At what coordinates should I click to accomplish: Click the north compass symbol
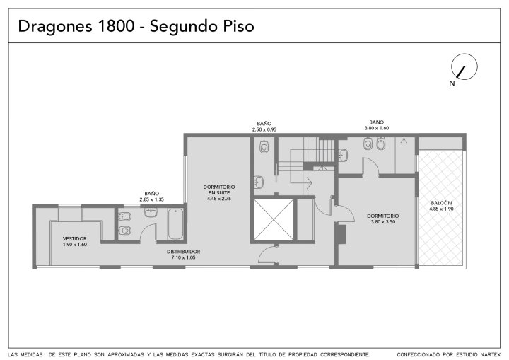pyautogui.click(x=464, y=66)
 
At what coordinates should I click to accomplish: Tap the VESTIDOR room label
pyautogui.click(x=75, y=238)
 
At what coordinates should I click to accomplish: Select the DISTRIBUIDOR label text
pyautogui.click(x=183, y=252)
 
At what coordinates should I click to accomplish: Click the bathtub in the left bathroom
pyautogui.click(x=175, y=223)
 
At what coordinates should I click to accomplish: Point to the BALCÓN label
pyautogui.click(x=441, y=203)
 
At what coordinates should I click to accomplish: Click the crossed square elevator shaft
pyautogui.click(x=274, y=220)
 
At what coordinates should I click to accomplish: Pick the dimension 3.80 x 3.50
pyautogui.click(x=382, y=222)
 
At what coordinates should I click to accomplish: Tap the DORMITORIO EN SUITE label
pyautogui.click(x=219, y=190)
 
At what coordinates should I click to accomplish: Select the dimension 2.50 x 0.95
pyautogui.click(x=264, y=129)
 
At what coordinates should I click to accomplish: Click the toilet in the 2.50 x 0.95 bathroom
pyautogui.click(x=264, y=147)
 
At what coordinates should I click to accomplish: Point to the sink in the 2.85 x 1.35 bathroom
pyautogui.click(x=151, y=212)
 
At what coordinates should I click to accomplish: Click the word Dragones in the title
pyautogui.click(x=55, y=26)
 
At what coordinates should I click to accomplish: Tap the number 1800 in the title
pyautogui.click(x=115, y=26)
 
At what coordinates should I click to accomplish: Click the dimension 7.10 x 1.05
pyautogui.click(x=183, y=257)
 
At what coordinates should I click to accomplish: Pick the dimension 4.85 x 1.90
pyautogui.click(x=441, y=209)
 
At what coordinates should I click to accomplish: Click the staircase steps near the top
pyautogui.click(x=319, y=149)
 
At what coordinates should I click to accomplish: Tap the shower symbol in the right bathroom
pyautogui.click(x=404, y=141)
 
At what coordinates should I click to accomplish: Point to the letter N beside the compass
pyautogui.click(x=452, y=83)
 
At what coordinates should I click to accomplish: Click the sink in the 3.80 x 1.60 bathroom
pyautogui.click(x=343, y=155)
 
